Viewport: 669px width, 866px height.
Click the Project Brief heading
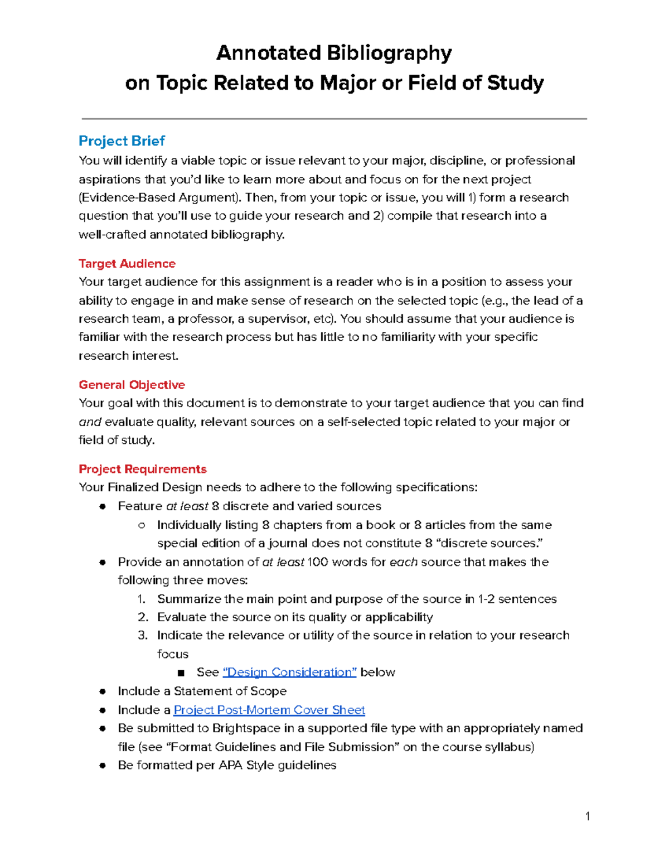click(x=122, y=141)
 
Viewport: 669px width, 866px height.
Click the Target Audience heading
click(x=127, y=263)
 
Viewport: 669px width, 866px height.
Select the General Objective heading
click(x=132, y=385)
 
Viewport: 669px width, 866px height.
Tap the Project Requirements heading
click(x=142, y=469)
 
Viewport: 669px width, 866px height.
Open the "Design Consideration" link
click(x=289, y=672)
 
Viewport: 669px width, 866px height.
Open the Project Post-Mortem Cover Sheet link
click(x=269, y=710)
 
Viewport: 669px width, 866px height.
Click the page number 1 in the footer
click(x=588, y=816)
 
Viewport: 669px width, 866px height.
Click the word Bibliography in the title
click(x=389, y=53)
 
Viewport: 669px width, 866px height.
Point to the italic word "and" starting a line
click(x=90, y=422)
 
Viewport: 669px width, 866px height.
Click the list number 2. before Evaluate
click(x=143, y=617)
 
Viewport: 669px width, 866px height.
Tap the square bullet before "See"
click(x=181, y=673)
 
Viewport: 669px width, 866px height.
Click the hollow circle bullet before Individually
click(x=142, y=525)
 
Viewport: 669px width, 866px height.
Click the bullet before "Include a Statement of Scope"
click(x=103, y=691)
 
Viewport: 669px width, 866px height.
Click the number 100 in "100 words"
click(x=317, y=562)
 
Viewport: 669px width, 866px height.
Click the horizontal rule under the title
click(x=334, y=119)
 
